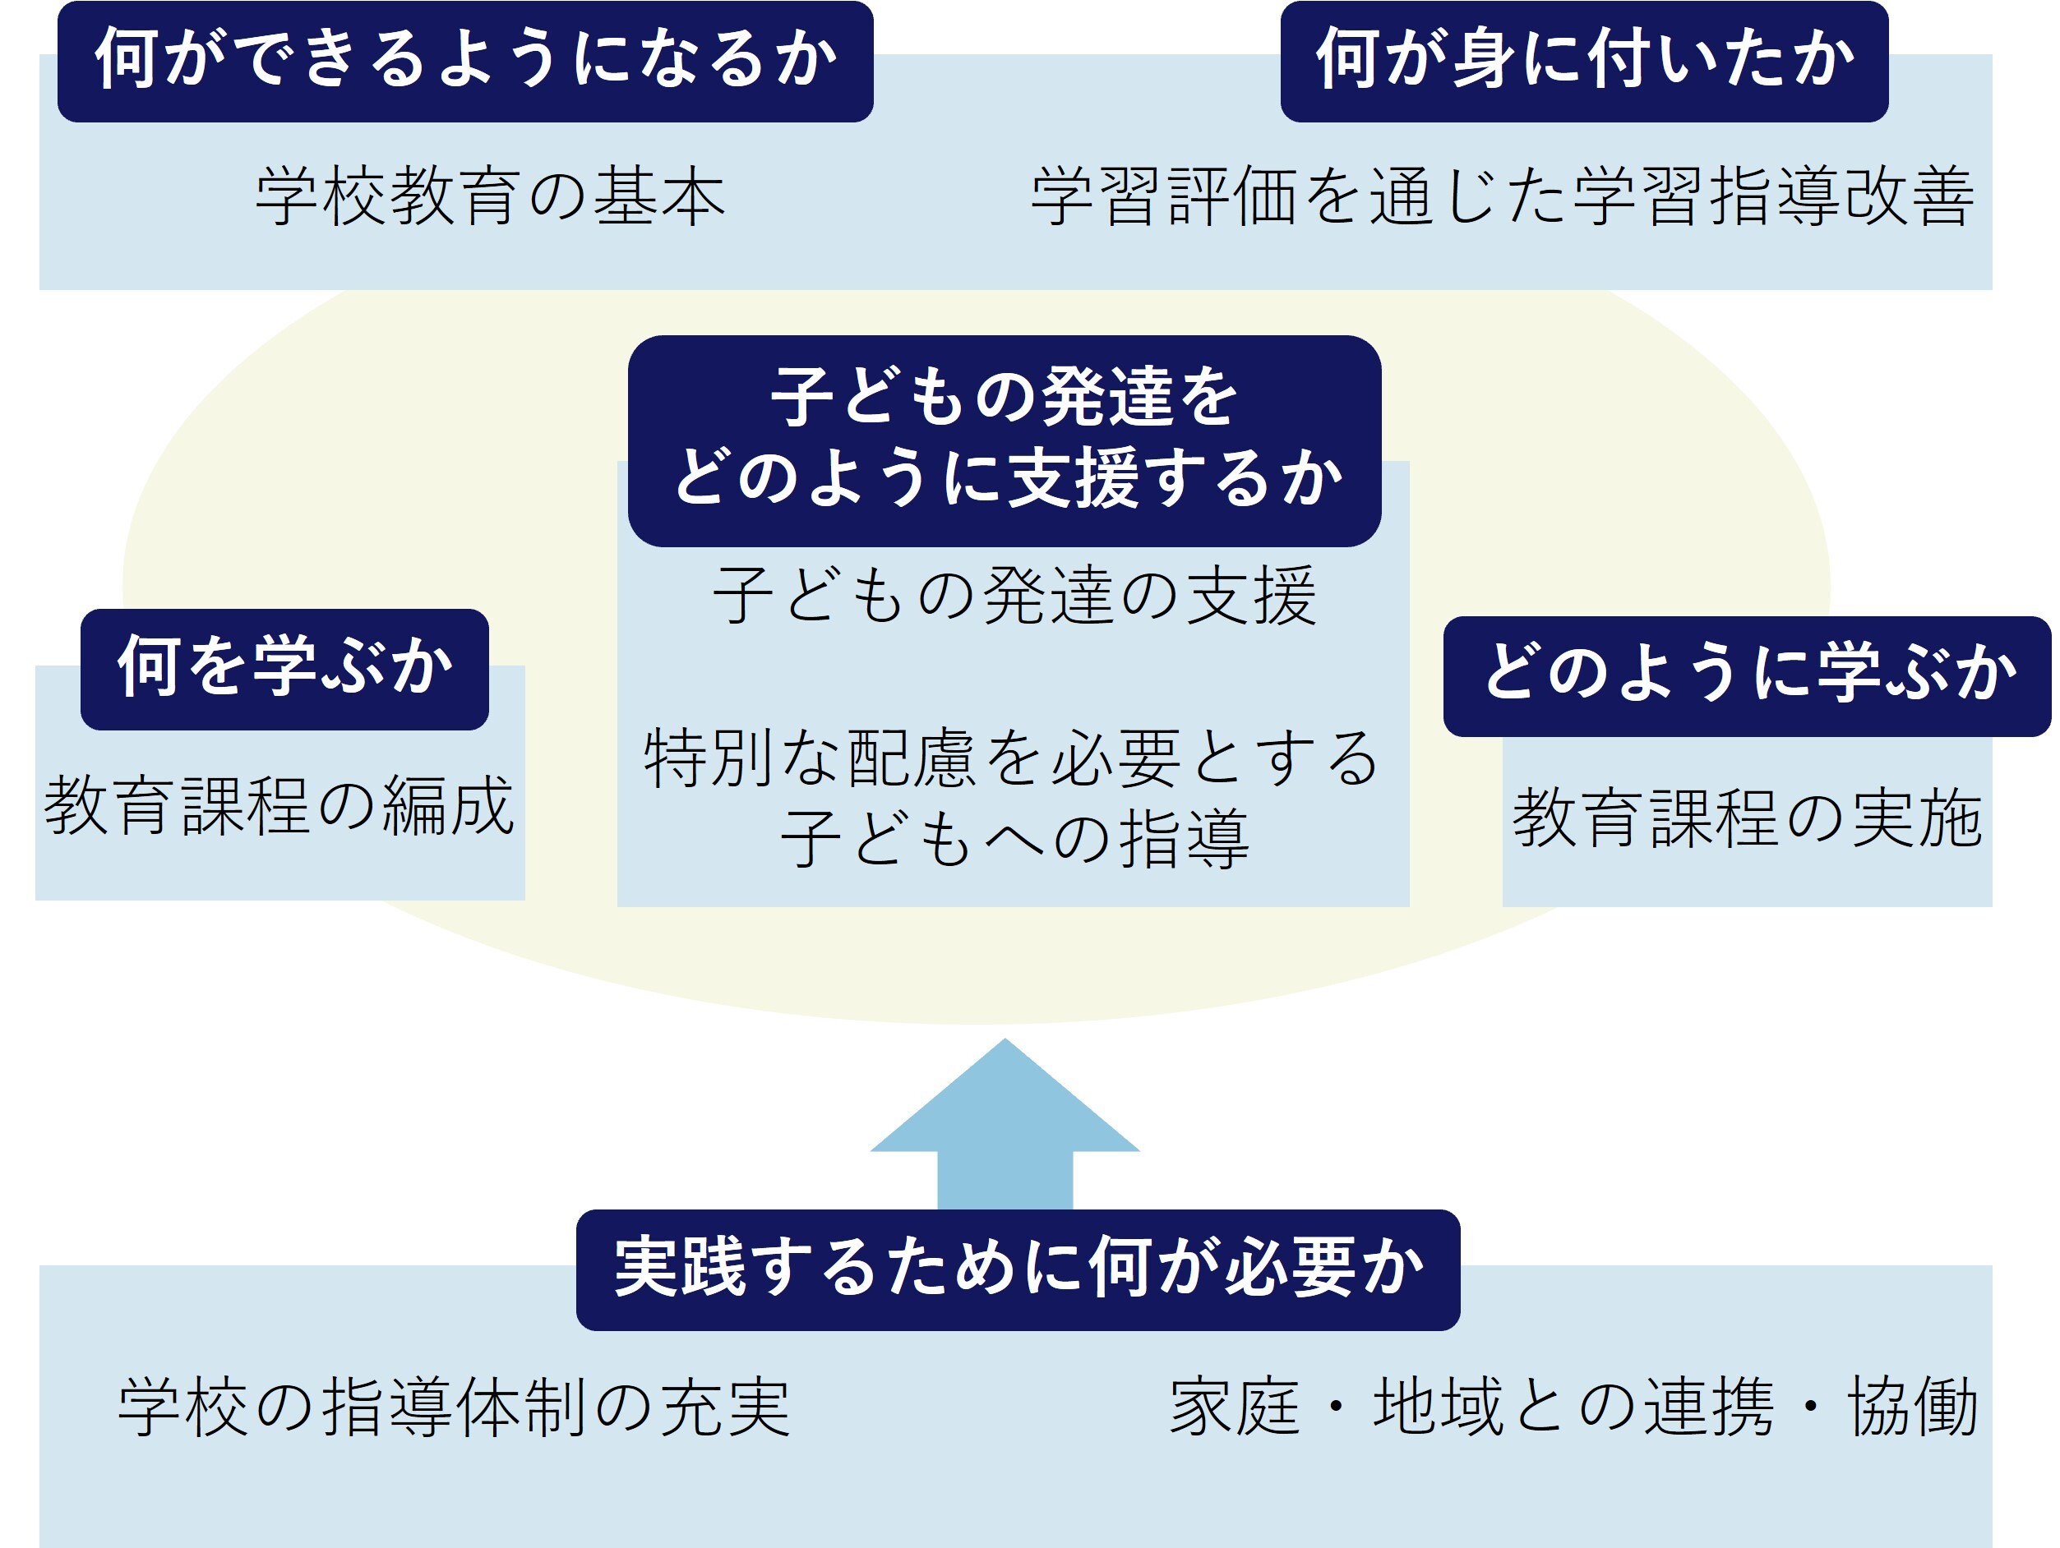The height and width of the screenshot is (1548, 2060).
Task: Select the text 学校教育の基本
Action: (490, 196)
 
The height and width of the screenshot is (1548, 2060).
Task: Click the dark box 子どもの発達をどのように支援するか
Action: (1004, 440)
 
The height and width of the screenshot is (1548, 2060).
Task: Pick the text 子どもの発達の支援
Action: (1014, 596)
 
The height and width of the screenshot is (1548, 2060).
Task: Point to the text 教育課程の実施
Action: (1747, 818)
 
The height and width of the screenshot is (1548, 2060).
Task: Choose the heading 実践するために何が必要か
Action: (1017, 1269)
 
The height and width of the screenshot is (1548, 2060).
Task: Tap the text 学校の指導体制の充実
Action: (454, 1407)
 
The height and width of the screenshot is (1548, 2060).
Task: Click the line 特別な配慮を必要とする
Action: (1011, 758)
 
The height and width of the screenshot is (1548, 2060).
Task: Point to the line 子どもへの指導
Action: (1014, 839)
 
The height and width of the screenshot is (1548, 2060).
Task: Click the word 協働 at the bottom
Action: (1913, 1407)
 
